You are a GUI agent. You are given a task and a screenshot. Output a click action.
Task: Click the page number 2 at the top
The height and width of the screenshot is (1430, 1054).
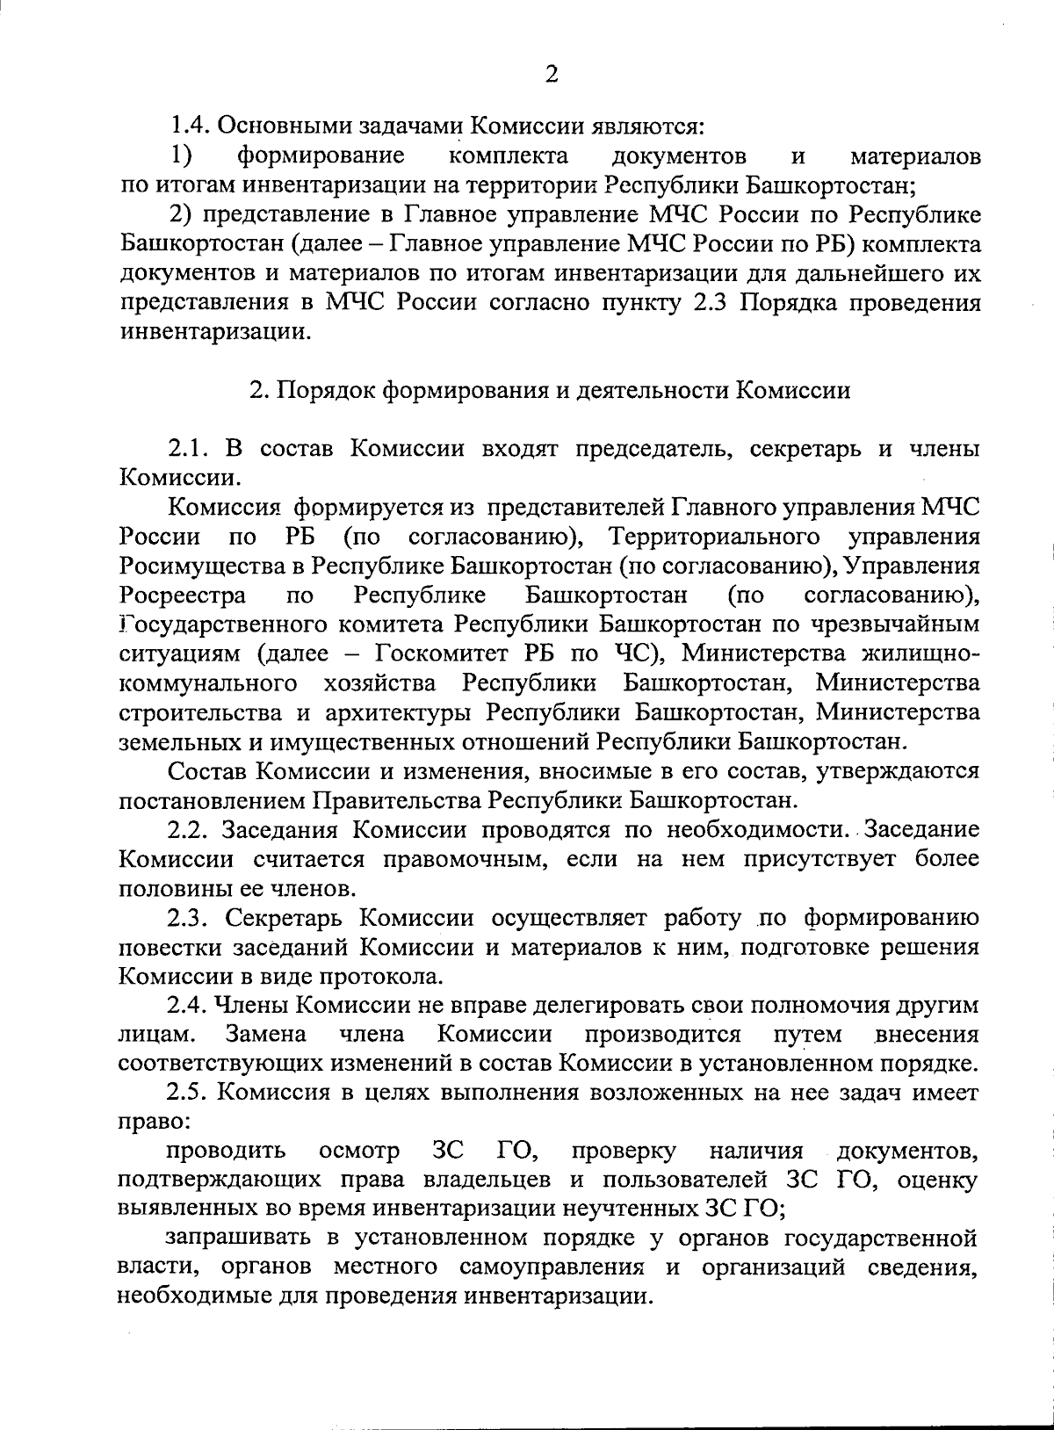551,75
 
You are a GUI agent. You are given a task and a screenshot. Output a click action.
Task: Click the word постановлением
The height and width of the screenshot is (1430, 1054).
210,800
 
